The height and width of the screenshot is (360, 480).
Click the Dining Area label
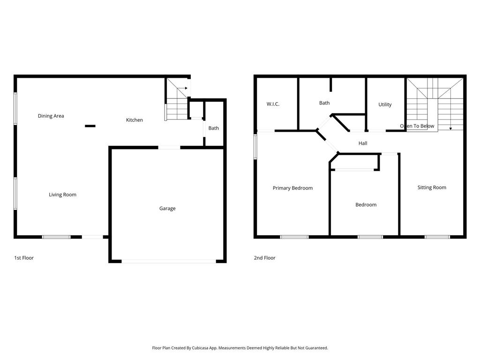(51, 116)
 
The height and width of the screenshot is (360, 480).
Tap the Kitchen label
(135, 120)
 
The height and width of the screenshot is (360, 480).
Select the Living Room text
(62, 195)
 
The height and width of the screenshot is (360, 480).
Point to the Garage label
(167, 209)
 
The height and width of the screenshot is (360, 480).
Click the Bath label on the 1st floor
(214, 128)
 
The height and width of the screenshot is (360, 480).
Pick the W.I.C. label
(273, 104)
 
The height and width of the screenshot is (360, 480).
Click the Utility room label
(385, 105)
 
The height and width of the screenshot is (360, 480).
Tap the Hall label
(363, 143)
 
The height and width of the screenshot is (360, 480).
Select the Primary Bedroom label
(292, 188)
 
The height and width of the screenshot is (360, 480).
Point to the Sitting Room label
(432, 187)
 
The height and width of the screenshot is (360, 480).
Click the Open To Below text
(417, 126)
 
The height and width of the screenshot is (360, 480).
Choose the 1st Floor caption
(24, 258)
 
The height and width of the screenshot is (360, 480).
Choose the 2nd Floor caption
(264, 258)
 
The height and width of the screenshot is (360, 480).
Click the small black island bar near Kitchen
(90, 126)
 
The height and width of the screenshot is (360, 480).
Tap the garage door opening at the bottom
(169, 262)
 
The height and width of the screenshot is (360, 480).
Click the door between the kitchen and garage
(169, 148)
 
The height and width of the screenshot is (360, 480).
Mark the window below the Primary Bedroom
(294, 237)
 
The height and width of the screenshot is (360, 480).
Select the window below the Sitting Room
(437, 237)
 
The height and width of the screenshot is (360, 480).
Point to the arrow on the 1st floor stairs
(182, 88)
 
